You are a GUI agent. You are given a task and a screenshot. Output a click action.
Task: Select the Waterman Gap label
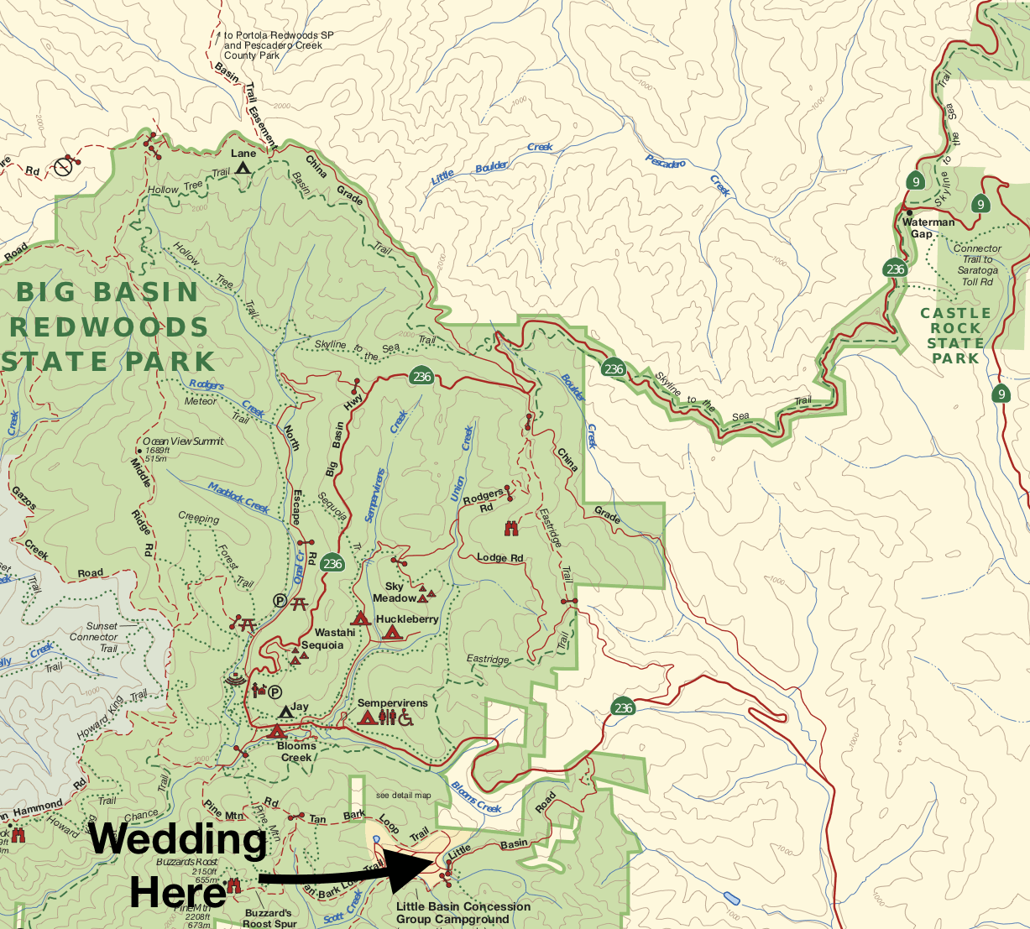click(928, 227)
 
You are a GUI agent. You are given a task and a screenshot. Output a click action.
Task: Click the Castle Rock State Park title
click(955, 336)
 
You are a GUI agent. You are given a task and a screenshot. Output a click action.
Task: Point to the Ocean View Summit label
click(183, 441)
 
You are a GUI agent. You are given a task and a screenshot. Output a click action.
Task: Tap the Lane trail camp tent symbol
click(243, 167)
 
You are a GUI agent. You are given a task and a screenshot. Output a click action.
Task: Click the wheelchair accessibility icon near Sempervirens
click(406, 718)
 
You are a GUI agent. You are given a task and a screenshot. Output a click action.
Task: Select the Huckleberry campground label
click(407, 619)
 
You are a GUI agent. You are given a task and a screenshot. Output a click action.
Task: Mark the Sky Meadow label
click(395, 592)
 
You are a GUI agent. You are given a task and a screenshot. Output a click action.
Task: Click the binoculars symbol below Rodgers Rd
click(510, 528)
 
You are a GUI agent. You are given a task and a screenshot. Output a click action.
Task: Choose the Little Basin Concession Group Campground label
click(463, 912)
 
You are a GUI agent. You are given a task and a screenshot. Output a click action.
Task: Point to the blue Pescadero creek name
click(665, 161)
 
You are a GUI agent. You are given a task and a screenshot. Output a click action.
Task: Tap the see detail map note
click(403, 796)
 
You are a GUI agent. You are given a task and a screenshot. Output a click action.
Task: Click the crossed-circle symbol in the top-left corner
click(63, 168)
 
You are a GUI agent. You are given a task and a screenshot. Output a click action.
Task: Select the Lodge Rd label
click(499, 558)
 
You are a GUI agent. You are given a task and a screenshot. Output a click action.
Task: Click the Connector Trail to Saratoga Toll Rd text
click(977, 265)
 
